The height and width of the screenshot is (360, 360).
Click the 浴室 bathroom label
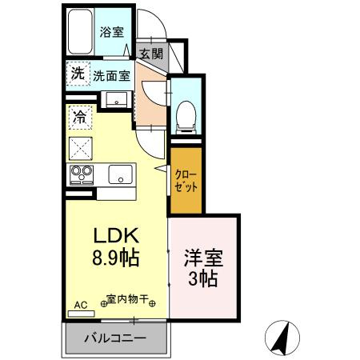click(x=111, y=32)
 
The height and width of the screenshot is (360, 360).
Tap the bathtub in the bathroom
click(x=80, y=32)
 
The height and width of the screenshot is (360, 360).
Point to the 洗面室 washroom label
click(x=110, y=77)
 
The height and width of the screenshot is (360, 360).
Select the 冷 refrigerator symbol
click(x=81, y=118)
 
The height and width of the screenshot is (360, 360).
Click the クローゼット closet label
click(x=184, y=181)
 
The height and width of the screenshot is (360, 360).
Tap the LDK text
click(x=118, y=238)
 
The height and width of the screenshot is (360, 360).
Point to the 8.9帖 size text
click(x=118, y=259)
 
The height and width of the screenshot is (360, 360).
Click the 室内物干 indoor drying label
click(x=128, y=301)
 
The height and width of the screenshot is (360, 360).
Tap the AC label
click(x=80, y=306)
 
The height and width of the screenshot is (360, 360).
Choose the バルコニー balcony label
click(x=116, y=339)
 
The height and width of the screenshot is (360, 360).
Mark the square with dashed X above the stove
click(x=82, y=146)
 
